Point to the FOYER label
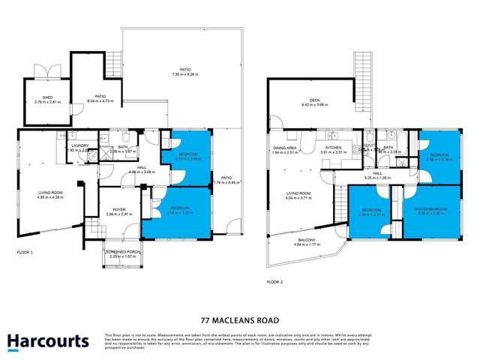point(119,209)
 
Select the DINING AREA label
point(285,148)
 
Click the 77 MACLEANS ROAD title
point(240,317)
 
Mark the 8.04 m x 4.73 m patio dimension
point(99,100)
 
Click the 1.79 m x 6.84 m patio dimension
point(226,182)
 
